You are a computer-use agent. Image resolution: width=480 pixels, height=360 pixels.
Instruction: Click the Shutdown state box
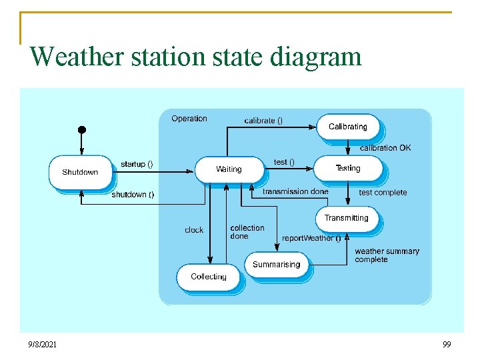coord(80,172)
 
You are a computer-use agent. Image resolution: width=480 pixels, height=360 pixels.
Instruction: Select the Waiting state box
coord(229,169)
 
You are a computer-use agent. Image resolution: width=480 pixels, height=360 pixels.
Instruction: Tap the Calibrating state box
coord(347,127)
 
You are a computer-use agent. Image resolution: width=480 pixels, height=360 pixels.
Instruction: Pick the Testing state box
coord(347,169)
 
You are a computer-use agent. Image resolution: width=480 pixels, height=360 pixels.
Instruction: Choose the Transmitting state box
coord(346,218)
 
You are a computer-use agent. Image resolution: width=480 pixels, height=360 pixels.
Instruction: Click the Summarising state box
coord(276,265)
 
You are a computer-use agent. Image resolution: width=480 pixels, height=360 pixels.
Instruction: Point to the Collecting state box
coord(208,277)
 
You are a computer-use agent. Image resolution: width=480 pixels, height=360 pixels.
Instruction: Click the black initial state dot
coord(81,129)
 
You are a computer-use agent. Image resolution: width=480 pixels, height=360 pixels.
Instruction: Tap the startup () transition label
coord(137,164)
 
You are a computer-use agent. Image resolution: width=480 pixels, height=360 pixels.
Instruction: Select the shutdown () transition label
coord(133,195)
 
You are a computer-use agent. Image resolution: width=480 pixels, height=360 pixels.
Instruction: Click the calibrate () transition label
coord(263,121)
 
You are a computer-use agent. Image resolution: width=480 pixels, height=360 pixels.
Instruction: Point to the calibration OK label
coord(385,148)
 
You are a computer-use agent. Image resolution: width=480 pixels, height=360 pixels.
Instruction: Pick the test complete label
coord(383,193)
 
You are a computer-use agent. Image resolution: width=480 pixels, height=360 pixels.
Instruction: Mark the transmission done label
coord(295,191)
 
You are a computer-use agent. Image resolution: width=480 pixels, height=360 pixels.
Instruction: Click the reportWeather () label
coord(311,238)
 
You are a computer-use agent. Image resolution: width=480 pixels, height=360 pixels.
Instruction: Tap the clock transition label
coord(194,230)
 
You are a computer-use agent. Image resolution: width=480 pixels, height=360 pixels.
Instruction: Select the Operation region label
coord(189,119)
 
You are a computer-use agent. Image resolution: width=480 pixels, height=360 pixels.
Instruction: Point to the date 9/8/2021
coord(42,345)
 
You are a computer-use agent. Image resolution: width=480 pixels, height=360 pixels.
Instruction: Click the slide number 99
coord(447,345)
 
